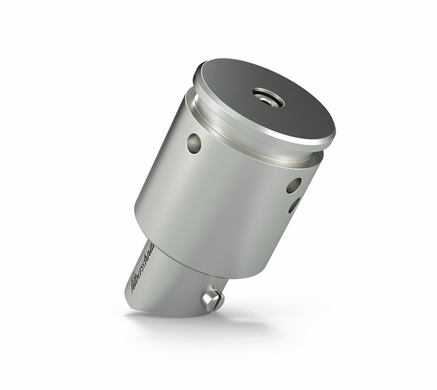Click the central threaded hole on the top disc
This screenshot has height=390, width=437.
coord(268,97)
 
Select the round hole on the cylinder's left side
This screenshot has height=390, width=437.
coord(194,143)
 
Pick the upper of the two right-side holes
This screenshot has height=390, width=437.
coord(294,186)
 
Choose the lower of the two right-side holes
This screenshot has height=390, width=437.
coord(294,206)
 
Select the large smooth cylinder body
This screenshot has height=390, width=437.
coord(219,204)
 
